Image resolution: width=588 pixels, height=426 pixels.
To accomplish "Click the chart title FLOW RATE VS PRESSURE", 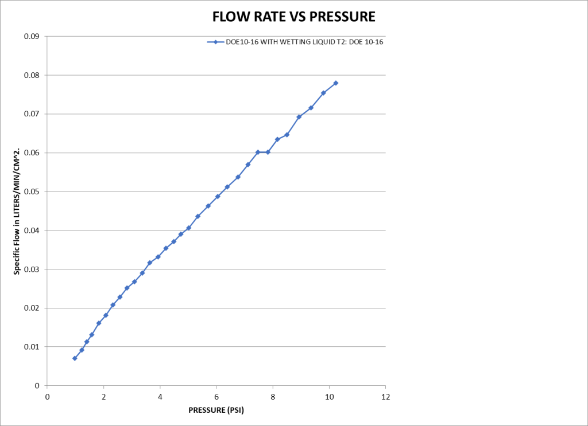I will pos(293,17).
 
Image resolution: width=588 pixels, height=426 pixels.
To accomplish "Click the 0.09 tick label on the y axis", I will pos(31,37).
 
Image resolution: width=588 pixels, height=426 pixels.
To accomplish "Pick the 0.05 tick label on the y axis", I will pos(31,191).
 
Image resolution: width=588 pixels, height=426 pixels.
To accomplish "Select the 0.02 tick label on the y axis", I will pos(31,308).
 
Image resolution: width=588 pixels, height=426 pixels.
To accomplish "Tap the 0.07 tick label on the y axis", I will pos(31,114).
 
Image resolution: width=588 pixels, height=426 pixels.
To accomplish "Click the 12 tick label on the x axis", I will pos(385,397).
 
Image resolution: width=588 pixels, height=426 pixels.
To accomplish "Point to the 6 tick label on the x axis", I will pos(216,397).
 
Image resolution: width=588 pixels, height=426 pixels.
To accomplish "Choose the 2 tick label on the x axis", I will pos(103,397).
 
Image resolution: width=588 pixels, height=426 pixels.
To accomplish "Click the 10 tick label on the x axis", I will pos(329,397).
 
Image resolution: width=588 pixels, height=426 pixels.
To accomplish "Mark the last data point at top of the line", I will pos(335,83).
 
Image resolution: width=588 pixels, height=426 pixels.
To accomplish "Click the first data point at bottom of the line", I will pos(75,358).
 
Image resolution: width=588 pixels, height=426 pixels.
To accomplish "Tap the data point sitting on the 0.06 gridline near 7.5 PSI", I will pos(258,152).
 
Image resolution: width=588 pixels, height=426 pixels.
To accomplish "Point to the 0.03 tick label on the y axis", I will pos(31,269).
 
